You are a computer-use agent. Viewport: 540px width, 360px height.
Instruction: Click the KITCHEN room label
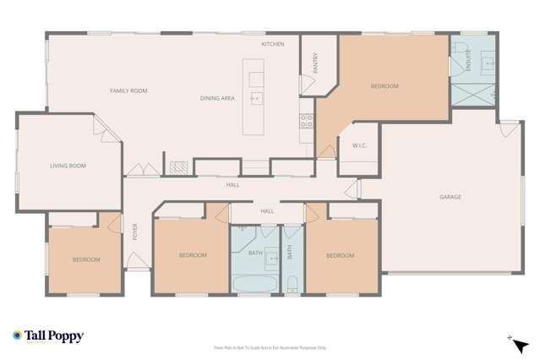[x=272, y=44]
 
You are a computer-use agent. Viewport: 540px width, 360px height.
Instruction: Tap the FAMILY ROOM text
[x=128, y=90]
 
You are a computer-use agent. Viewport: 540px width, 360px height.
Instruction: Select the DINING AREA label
[x=217, y=99]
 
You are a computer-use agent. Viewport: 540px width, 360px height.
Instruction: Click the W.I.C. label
[x=358, y=145]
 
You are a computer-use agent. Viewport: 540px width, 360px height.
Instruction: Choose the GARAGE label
[x=450, y=197]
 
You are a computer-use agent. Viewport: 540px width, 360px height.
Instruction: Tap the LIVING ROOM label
[x=68, y=166]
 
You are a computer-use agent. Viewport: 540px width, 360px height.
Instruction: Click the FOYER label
[x=134, y=232]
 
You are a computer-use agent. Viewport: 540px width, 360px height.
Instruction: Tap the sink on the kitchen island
[x=256, y=98]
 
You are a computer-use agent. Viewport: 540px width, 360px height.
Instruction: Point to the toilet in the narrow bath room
[x=292, y=283]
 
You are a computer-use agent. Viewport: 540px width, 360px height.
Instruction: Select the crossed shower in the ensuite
[x=473, y=94]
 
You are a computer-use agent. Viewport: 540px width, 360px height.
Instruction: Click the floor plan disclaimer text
[x=270, y=347]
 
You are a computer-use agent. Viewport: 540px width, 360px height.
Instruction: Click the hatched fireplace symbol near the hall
[x=178, y=167]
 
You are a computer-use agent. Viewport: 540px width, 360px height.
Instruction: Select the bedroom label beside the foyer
[x=86, y=259]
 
